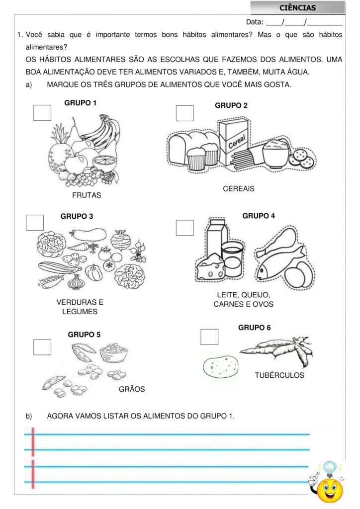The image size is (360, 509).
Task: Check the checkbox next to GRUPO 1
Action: tap(42, 113)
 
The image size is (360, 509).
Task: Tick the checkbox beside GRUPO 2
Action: tap(184, 113)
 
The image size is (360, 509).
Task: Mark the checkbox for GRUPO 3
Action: tap(35, 223)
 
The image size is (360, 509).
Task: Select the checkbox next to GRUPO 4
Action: tap(184, 228)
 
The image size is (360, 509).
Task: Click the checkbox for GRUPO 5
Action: tap(42, 347)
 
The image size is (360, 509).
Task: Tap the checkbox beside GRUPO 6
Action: tap(209, 337)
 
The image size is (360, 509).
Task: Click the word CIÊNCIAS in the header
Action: tap(298, 8)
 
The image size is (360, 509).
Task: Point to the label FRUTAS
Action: tap(87, 195)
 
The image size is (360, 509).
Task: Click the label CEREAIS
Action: tap(239, 188)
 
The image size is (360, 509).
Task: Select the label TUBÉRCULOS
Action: tap(279, 375)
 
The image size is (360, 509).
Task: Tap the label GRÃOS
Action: tap(132, 389)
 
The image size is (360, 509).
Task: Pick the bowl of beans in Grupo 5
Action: tap(113, 352)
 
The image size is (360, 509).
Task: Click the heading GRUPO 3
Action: tap(77, 217)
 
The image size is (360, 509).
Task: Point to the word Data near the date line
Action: tap(255, 22)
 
